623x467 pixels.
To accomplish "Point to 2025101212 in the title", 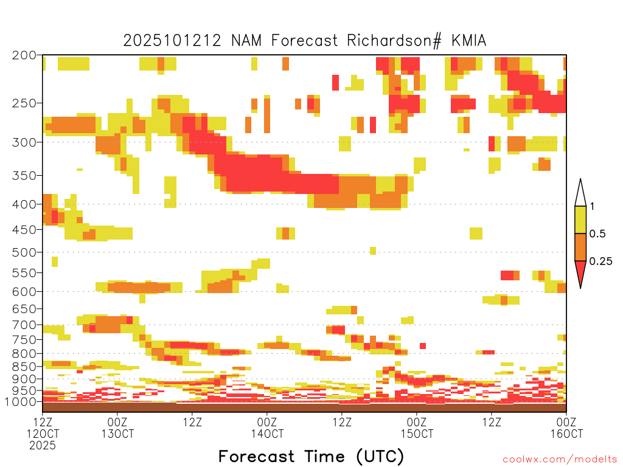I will (x=173, y=40).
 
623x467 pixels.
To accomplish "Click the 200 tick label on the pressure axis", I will (x=24, y=55).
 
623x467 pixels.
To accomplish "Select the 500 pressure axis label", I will (x=24, y=252).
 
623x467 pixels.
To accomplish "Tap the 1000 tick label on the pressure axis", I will (x=21, y=402).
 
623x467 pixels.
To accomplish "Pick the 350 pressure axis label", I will (x=24, y=176).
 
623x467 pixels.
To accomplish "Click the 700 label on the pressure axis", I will (x=24, y=325).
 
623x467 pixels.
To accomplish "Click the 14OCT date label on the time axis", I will (x=267, y=434).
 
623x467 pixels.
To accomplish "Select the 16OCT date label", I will (x=566, y=434).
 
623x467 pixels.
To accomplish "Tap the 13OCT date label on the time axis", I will (x=117, y=434).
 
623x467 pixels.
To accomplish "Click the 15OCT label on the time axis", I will (x=417, y=434).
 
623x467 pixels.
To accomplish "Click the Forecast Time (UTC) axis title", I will (x=311, y=456).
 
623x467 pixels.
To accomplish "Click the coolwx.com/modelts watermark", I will (x=560, y=459).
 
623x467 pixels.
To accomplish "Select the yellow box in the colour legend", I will (x=580, y=220).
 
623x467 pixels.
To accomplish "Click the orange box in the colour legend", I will (x=580, y=247).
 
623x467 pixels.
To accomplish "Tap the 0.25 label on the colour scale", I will (x=601, y=261).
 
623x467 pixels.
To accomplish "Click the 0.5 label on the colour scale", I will (x=598, y=234).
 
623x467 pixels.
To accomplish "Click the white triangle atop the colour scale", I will (x=580, y=193).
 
